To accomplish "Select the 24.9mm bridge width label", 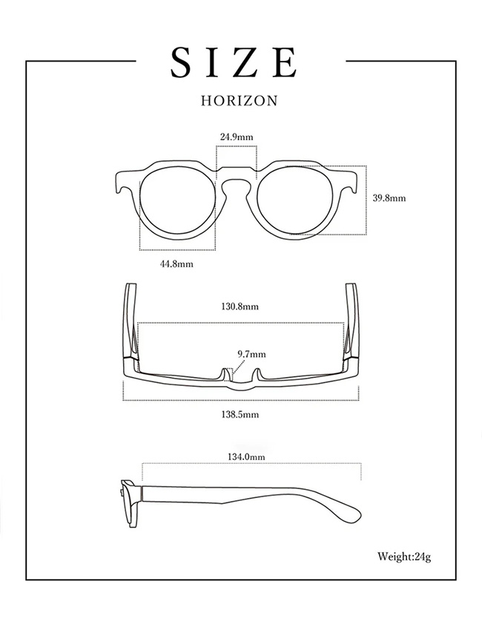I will point(237,137).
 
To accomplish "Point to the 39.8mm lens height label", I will point(389,198).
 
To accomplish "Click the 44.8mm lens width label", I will point(176,264).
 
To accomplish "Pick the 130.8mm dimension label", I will point(240,306).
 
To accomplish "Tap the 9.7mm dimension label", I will point(251,355).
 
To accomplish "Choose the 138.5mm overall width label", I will point(240,415).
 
